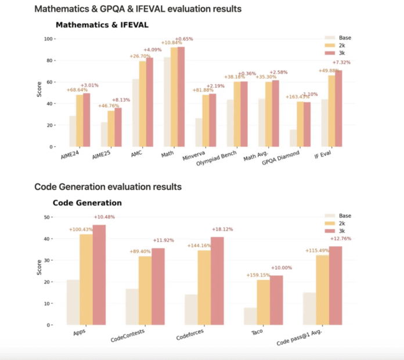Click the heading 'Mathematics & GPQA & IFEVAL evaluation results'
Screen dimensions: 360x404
(x=138, y=9)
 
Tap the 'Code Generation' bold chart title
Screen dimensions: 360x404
(x=87, y=203)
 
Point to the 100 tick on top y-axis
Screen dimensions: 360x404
(x=49, y=39)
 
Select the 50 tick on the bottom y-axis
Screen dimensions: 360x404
(x=49, y=217)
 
